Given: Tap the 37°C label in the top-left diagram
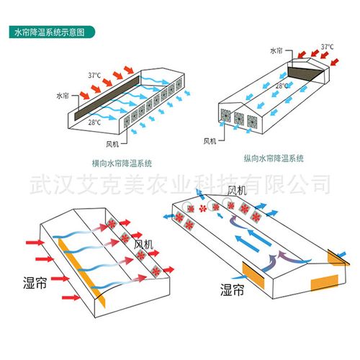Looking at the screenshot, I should [95, 75].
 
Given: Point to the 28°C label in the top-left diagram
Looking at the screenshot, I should [94, 122].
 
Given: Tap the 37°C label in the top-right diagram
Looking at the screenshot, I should [328, 47].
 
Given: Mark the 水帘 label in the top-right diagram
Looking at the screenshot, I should [276, 51].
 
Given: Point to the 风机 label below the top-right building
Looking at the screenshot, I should [210, 140].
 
